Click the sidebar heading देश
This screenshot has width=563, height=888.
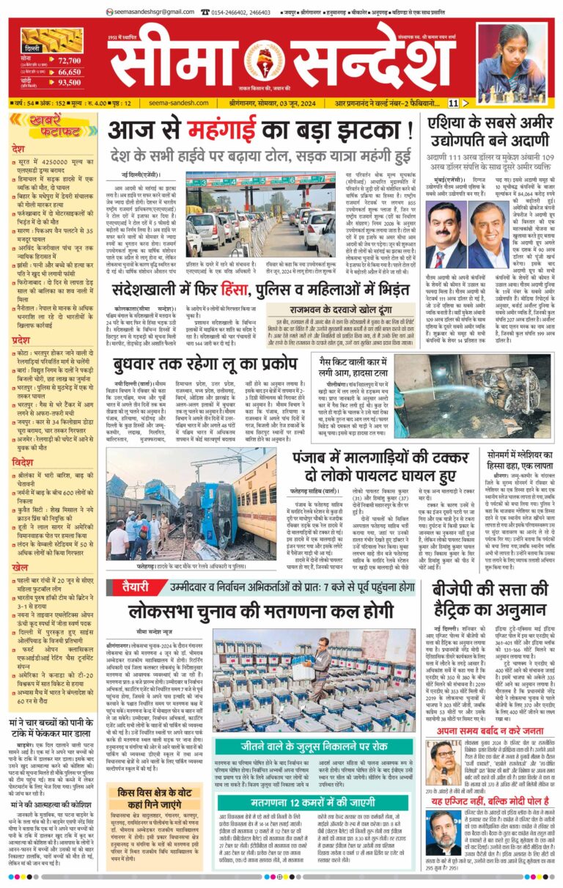[x=19, y=149]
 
